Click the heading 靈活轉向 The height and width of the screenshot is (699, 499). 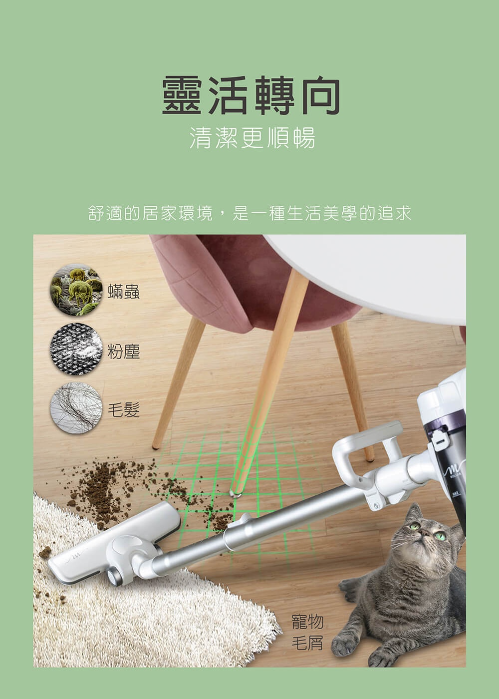click(251, 95)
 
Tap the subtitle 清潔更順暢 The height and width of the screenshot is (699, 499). click(252, 137)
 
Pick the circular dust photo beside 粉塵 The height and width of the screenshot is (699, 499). click(76, 349)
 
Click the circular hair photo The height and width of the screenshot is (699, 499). click(76, 408)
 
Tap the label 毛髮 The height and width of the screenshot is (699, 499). click(124, 410)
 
